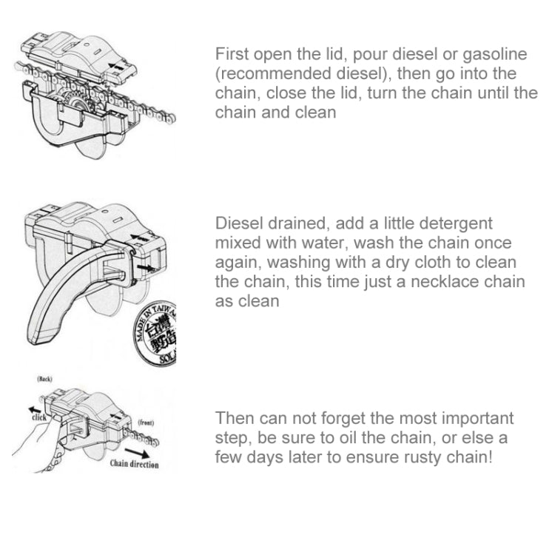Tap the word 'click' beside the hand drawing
[x=38, y=417]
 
